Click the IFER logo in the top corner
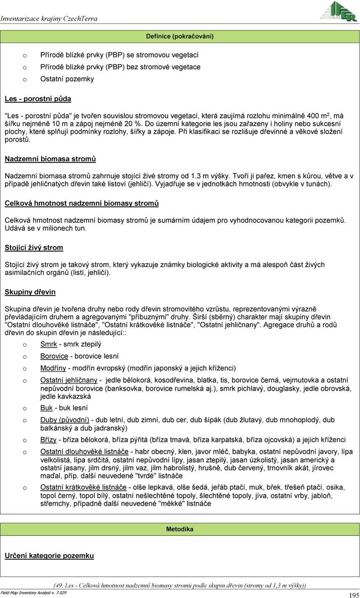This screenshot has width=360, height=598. [x=338, y=11]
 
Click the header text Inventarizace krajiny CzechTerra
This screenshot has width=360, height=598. [x=49, y=18]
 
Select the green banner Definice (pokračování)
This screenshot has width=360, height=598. [x=180, y=37]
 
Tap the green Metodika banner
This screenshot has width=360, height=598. [x=180, y=529]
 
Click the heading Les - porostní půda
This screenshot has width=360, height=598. [x=38, y=99]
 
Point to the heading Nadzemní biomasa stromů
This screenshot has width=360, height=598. [x=50, y=159]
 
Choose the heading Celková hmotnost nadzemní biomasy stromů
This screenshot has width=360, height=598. [x=81, y=204]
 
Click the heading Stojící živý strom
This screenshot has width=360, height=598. [x=34, y=248]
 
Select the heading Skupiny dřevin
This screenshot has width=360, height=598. [x=30, y=292]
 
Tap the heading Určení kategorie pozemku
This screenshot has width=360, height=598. [x=49, y=556]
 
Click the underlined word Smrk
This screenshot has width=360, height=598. [x=48, y=344]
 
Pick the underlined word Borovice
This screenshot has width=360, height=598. [x=54, y=356]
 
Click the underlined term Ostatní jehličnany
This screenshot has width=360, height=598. [x=68, y=380]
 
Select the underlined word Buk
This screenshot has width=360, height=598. [x=46, y=408]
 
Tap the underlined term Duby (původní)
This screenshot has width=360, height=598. [x=65, y=420]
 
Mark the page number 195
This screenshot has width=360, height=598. [x=353, y=595]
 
